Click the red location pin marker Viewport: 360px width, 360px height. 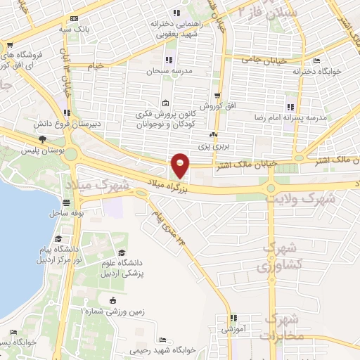(181, 166)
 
